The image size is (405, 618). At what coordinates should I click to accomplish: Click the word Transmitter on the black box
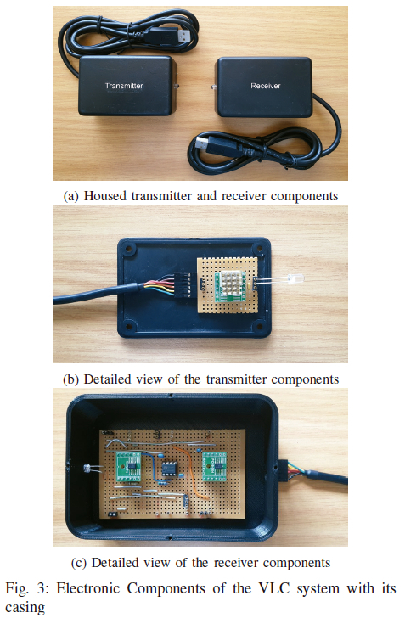124,86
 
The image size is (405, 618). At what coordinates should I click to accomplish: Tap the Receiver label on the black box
266,86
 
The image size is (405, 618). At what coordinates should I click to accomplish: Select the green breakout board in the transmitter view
230,287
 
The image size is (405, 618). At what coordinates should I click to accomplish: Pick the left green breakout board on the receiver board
129,467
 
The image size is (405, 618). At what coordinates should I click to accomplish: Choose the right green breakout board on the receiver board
214,467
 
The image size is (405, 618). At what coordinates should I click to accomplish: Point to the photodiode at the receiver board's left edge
87,469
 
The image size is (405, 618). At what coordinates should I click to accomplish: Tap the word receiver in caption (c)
236,563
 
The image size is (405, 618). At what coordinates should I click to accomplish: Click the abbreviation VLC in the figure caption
274,588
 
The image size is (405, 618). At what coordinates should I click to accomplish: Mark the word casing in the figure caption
25,607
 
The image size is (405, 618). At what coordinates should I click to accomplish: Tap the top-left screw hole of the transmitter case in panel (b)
127,249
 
